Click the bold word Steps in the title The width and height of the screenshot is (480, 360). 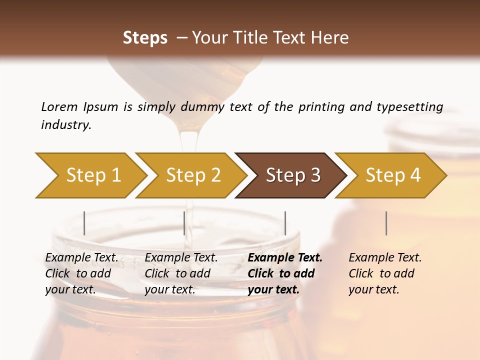tap(145, 38)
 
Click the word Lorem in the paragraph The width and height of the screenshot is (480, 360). tap(59, 106)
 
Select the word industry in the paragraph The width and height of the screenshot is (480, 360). tap(66, 124)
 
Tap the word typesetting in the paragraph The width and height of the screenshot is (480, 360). tap(409, 106)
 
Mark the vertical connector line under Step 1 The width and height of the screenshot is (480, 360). tap(84, 223)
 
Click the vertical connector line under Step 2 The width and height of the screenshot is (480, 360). tap(184, 223)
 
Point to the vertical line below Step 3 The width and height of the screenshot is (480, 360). tap(285, 223)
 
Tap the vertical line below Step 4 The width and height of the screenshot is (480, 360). tap(386, 223)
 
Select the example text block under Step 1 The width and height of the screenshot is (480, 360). tap(81, 273)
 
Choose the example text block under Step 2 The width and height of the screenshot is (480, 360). tap(181, 273)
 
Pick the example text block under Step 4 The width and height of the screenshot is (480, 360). tap(385, 273)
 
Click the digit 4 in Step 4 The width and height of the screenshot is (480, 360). tap(415, 175)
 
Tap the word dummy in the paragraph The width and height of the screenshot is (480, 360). tap(205, 106)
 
